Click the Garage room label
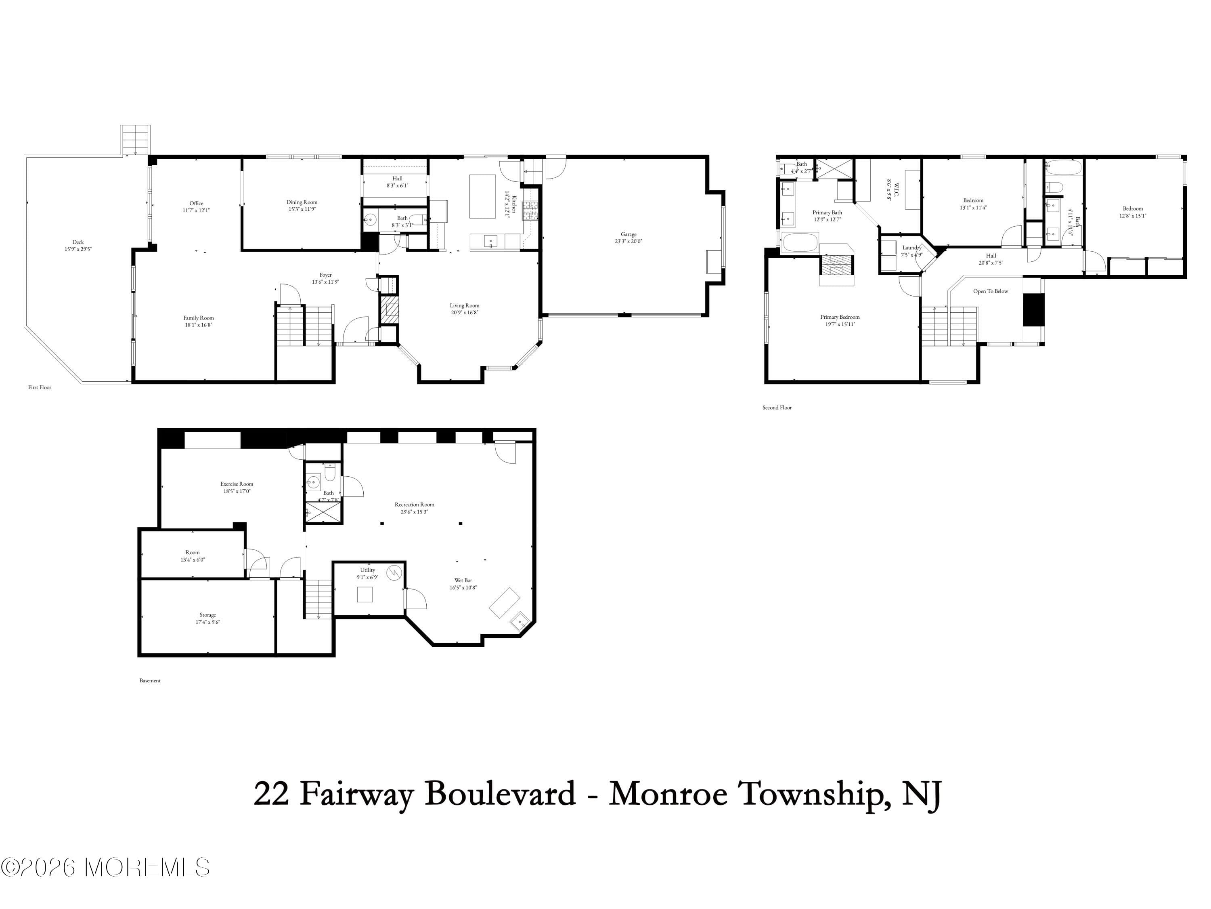click(628, 234)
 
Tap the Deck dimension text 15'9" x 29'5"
click(78, 249)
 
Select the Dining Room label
click(302, 202)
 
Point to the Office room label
click(196, 203)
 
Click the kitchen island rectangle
click(482, 196)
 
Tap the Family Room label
click(198, 318)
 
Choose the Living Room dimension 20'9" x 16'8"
click(464, 312)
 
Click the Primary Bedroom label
click(839, 317)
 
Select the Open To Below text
click(990, 291)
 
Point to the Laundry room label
click(911, 248)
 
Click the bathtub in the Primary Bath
click(800, 243)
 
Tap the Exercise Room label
click(237, 484)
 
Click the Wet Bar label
click(463, 580)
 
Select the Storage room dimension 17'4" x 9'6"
click(207, 622)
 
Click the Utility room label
click(367, 570)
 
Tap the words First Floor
click(40, 387)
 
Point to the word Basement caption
click(150, 680)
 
